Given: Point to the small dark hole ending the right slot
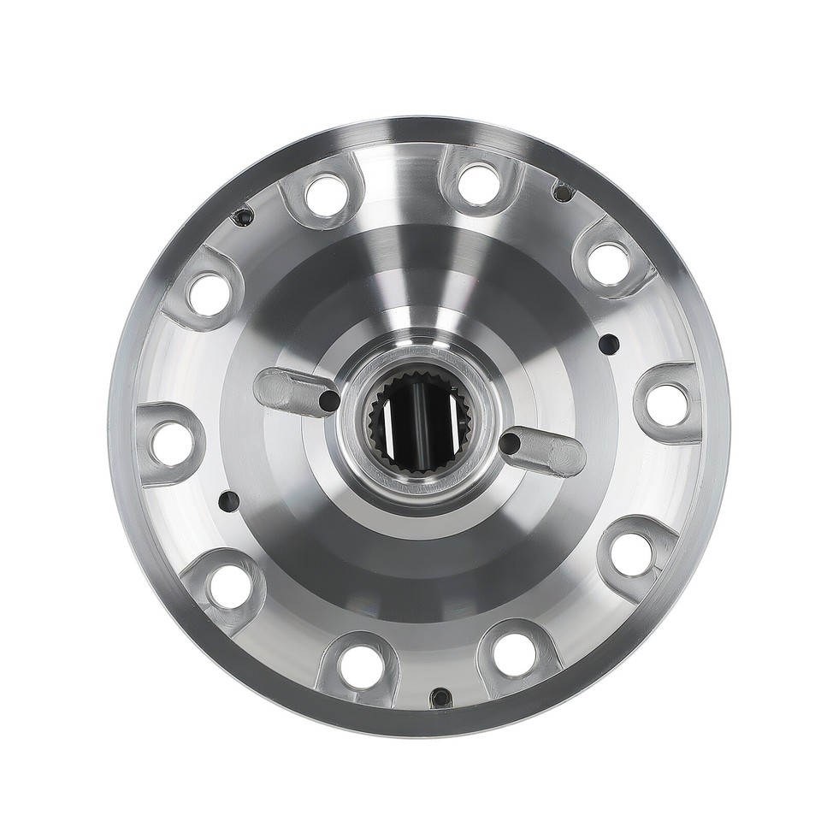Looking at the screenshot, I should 510,443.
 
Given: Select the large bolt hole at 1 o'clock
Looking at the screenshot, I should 481,183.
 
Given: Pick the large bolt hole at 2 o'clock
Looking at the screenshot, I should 609,263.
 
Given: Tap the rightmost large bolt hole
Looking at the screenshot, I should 668,404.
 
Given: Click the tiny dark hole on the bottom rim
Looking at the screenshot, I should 440,697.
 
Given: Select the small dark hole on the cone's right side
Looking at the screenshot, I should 609,344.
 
